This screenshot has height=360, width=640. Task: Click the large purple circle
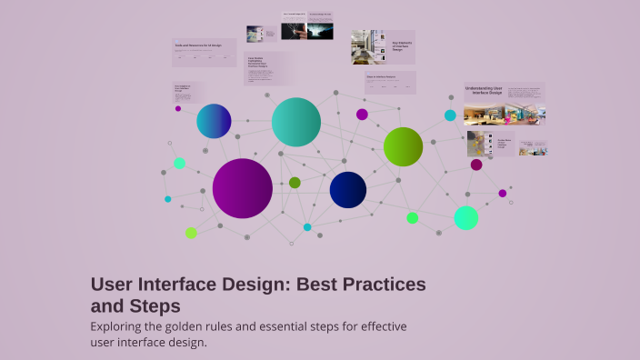243,188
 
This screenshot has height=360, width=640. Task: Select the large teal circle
296,122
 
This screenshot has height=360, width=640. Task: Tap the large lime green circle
403,146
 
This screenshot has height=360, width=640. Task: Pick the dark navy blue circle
348,189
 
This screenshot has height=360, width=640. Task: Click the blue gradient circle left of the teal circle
214,121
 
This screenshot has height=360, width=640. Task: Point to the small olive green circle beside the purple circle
295,183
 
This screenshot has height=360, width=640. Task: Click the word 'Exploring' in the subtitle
121,326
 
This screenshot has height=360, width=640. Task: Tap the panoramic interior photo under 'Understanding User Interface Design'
505,115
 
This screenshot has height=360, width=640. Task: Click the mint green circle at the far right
465,218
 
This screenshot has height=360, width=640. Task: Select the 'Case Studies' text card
263,63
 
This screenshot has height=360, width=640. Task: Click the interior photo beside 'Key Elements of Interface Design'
369,47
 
